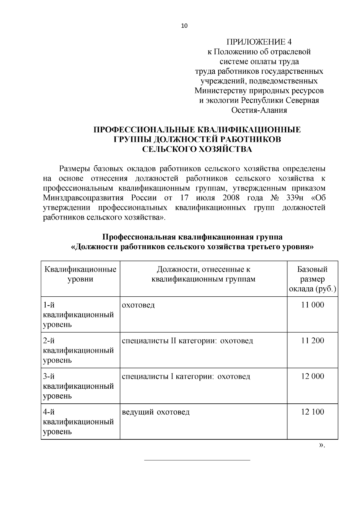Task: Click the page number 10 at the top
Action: coord(184,26)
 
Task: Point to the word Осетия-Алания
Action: coord(259,110)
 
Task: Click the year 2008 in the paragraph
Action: coord(231,198)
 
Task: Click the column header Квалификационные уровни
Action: coord(80,274)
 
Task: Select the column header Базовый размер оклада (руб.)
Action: coord(312,279)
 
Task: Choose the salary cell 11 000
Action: coord(313,305)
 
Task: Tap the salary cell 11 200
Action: coord(313,341)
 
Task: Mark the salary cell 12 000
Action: coord(313,376)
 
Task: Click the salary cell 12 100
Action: coord(313,412)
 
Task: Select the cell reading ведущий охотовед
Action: coord(156,412)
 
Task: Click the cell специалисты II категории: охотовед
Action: coord(187,341)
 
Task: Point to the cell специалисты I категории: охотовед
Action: coord(186,376)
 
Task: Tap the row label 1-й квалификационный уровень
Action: coord(79,315)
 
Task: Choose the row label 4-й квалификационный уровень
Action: coord(79,422)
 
